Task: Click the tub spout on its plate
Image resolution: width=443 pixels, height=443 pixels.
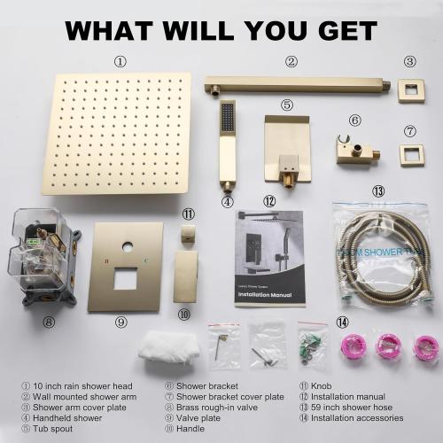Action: coord(286,146)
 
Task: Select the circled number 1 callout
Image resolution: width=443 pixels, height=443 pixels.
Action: coord(120,62)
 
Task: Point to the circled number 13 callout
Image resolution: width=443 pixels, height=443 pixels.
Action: coord(378,190)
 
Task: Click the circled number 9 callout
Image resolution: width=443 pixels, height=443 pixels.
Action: coord(120,322)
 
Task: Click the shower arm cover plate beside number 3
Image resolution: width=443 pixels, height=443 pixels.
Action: coord(410,89)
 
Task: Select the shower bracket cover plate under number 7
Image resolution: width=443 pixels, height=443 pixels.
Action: coord(410,157)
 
